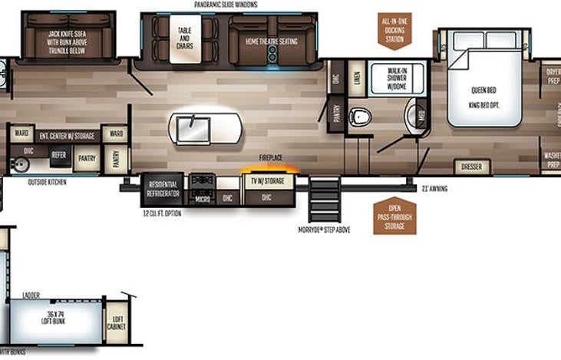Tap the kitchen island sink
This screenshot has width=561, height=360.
189,124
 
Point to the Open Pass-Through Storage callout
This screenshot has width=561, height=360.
395,215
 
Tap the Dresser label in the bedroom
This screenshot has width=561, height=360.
472,167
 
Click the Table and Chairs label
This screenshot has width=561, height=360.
184,40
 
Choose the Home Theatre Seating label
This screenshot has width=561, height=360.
271,41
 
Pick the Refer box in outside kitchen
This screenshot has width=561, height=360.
58,154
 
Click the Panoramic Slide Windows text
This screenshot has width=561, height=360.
226,5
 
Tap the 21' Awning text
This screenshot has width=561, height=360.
435,188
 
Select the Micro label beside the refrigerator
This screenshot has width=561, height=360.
202,197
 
